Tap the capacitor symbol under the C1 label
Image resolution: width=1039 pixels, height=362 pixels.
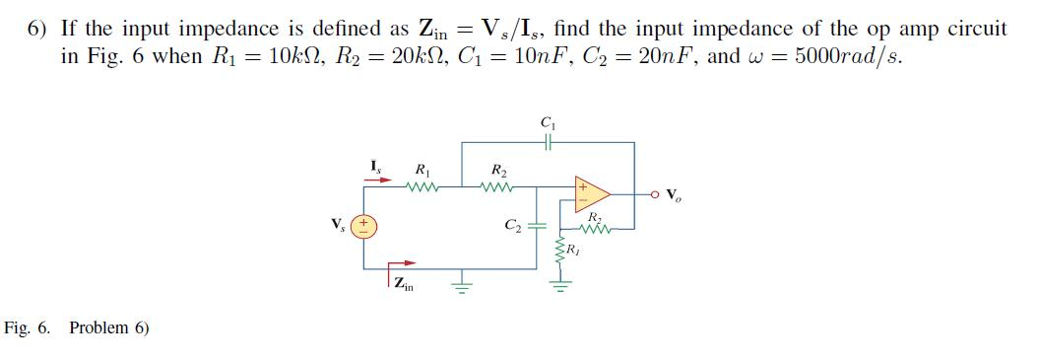(x=547, y=141)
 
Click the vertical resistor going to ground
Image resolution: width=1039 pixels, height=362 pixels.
(x=562, y=250)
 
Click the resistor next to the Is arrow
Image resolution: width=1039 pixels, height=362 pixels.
(x=422, y=184)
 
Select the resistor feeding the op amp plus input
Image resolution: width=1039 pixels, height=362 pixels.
(x=496, y=184)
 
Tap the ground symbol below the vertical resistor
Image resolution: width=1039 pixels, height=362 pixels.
(x=562, y=286)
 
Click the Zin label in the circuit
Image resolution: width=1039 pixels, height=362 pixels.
(x=404, y=287)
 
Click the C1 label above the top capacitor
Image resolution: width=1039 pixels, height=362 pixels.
(x=547, y=123)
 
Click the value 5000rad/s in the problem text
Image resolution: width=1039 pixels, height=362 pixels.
(x=848, y=55)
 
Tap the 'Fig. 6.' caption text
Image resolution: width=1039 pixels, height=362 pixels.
(x=28, y=327)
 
